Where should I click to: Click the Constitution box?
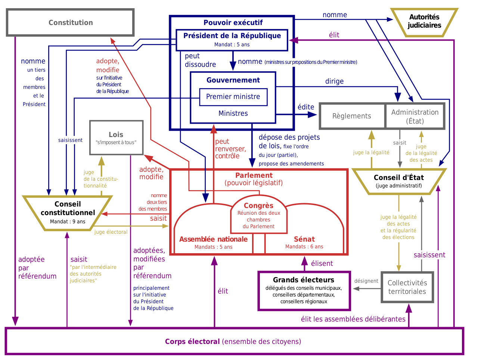pos(71,23)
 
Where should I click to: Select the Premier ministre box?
pos(233,97)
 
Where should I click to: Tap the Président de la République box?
pos(232,39)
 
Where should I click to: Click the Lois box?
pos(116,137)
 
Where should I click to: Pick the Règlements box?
pos(351,116)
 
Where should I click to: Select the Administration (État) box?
pos(415,116)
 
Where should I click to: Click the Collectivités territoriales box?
pos(407,287)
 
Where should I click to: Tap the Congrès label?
pos(258,206)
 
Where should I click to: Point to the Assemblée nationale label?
pos(213,239)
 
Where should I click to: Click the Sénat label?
pos(304,239)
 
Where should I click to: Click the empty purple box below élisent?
pos(304,291)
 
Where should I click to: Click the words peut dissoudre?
pos(200,60)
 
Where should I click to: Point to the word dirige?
pos(334,81)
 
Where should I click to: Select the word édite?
pos(306,107)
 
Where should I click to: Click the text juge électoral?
pos(111,232)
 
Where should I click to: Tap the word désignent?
pos(366,281)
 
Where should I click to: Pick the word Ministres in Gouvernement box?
pos(233,113)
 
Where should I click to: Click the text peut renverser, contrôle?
pos(230,149)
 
